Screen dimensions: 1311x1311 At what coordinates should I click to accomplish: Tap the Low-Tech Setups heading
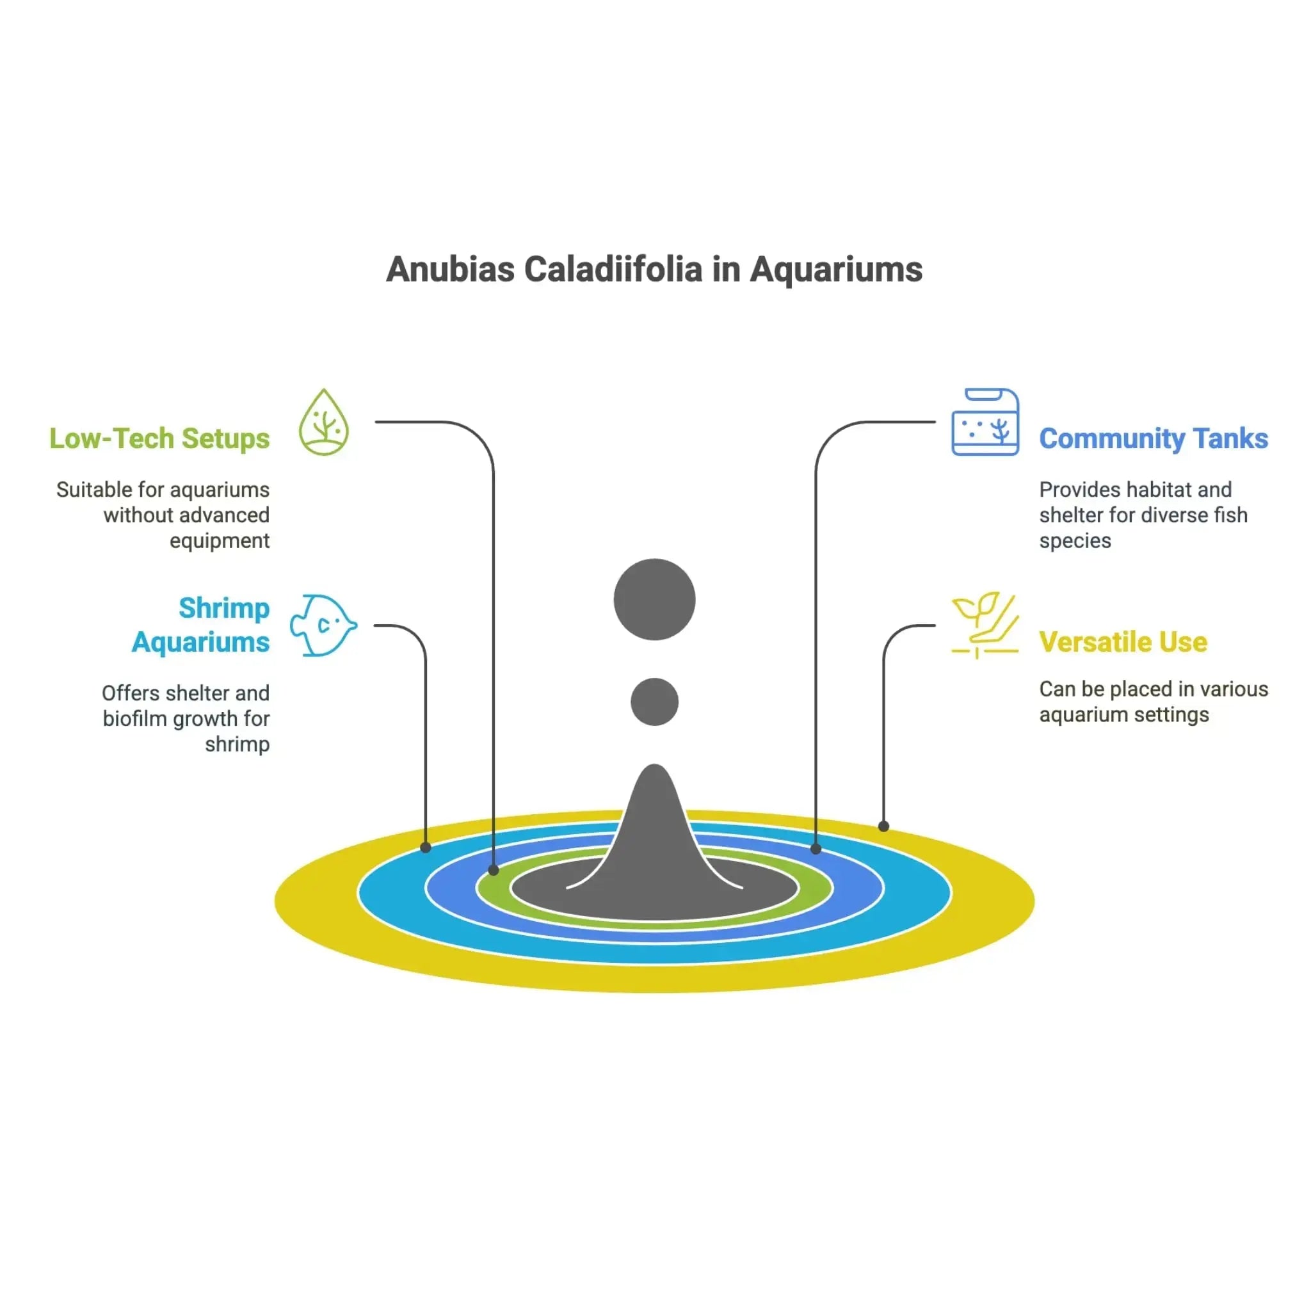159,438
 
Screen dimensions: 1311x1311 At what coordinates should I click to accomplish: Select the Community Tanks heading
1153,438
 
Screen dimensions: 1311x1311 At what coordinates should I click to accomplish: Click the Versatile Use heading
1123,642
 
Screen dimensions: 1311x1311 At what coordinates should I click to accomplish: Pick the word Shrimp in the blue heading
224,608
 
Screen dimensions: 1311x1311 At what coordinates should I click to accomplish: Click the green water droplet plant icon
325,422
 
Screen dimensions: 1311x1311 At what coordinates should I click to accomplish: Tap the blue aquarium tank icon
985,422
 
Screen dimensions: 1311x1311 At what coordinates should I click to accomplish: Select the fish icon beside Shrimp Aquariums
323,625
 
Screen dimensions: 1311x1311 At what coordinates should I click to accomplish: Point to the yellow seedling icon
985,624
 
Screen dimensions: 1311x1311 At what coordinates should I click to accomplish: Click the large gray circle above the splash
654,599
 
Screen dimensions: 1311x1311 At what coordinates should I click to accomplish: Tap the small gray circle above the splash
654,702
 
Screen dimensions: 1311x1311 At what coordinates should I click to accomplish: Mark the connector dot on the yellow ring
883,826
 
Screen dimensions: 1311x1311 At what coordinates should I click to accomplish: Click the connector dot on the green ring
494,870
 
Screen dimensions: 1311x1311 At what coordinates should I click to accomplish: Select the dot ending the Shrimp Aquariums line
426,848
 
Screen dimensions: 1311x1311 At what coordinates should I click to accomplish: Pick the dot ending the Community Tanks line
816,849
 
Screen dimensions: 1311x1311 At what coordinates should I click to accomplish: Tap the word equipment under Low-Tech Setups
219,541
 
